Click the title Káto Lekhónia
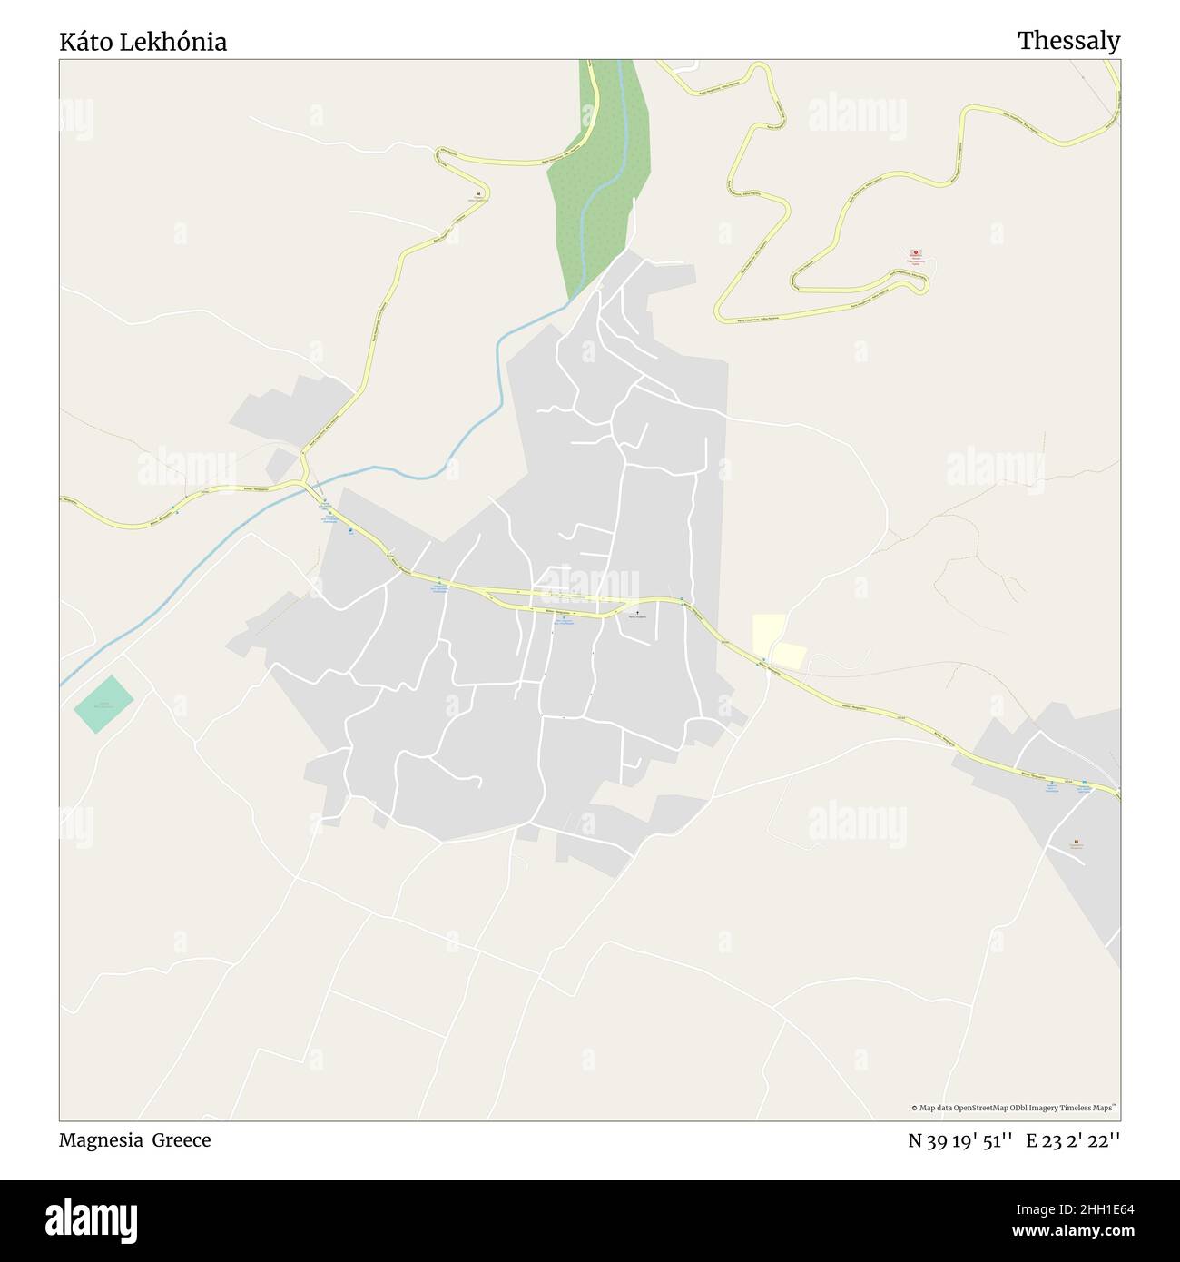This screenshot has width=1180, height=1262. click(x=143, y=42)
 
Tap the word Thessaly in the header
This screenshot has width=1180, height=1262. click(x=1068, y=41)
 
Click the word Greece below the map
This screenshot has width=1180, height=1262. click(x=182, y=1140)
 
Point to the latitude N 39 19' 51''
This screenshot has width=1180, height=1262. click(x=960, y=1141)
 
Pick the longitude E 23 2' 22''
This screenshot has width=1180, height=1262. click(x=1073, y=1141)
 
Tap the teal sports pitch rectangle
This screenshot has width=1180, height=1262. click(x=103, y=705)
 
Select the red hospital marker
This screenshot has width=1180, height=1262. click(x=916, y=253)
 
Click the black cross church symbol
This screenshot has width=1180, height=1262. click(x=637, y=613)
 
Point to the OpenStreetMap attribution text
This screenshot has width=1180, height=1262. click(x=1014, y=1108)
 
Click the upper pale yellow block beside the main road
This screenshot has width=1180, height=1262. click(x=769, y=628)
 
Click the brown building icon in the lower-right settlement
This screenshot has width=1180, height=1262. click(x=1077, y=842)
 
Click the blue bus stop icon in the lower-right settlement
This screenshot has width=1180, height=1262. click(x=1084, y=783)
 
